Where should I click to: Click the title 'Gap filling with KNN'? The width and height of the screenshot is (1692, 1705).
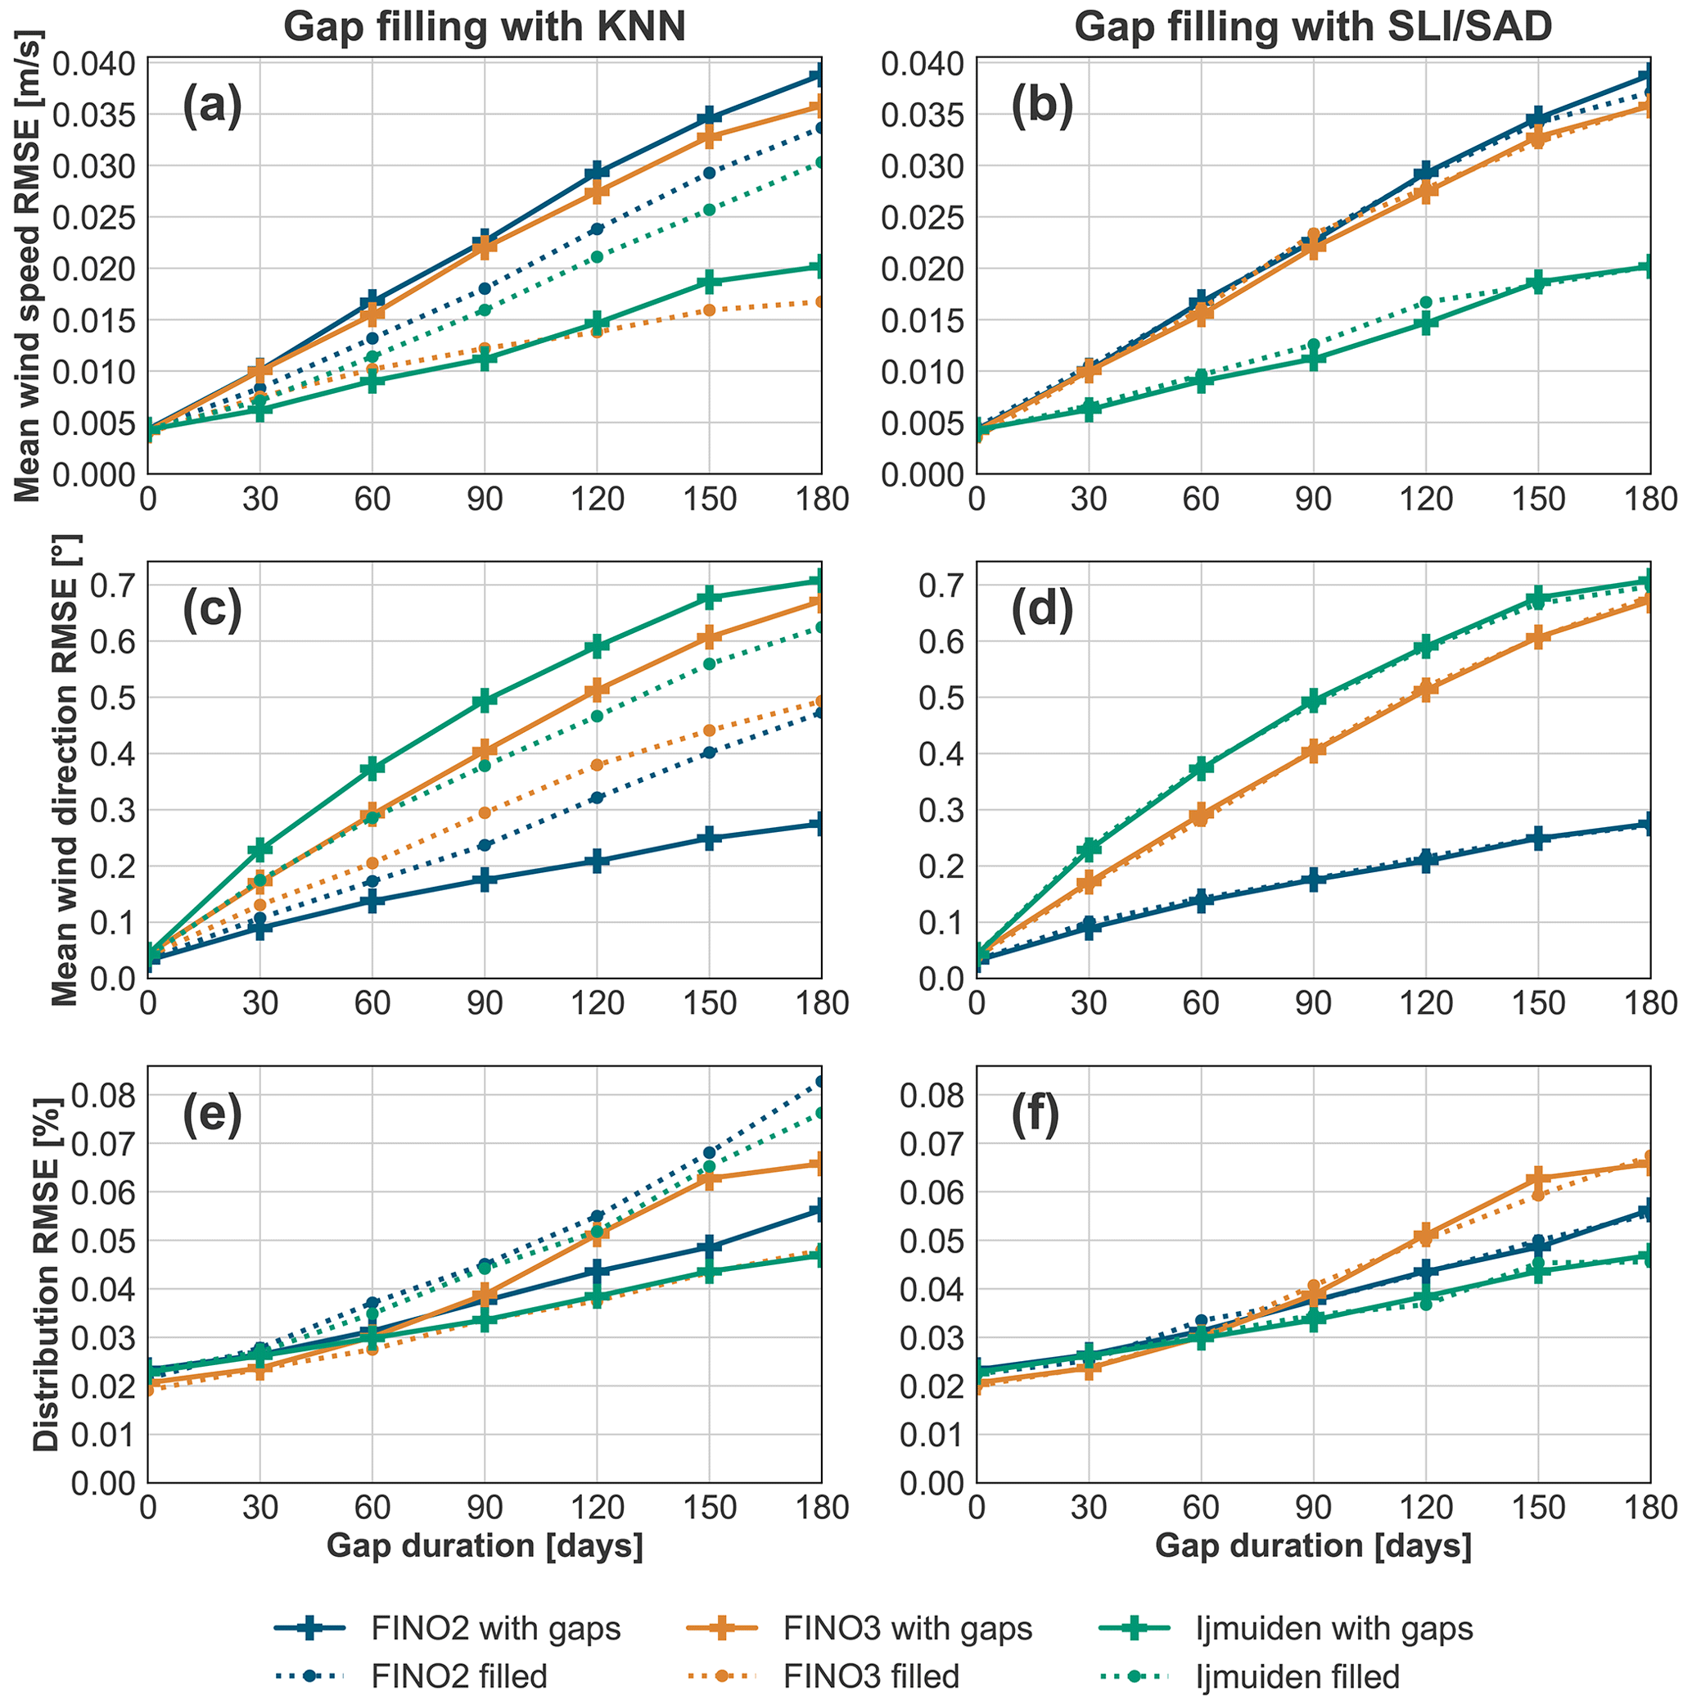click(485, 27)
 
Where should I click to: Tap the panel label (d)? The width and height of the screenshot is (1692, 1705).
click(1041, 612)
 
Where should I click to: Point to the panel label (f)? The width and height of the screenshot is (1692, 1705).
click(1036, 1115)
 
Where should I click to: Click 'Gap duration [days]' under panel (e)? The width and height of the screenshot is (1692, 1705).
click(485, 1545)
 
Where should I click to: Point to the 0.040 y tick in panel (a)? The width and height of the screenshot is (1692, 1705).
click(92, 64)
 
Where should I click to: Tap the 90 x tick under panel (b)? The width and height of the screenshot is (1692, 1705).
click(1314, 500)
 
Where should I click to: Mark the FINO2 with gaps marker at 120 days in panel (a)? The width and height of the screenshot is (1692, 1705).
click(598, 171)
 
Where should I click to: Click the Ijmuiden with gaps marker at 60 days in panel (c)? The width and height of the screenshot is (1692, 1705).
click(372, 769)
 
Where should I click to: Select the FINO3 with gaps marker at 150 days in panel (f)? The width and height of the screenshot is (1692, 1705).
click(1538, 1178)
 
